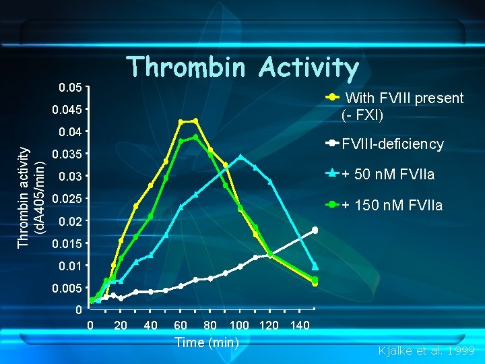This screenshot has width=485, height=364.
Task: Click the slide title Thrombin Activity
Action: [x=243, y=67]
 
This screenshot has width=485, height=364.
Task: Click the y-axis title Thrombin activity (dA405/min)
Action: [x=31, y=197]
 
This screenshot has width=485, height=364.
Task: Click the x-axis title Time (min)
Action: [x=207, y=342]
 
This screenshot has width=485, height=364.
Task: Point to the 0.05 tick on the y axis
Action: [x=70, y=88]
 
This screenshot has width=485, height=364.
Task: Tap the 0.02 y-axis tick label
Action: [x=70, y=221]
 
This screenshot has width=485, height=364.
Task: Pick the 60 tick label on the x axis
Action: [x=181, y=326]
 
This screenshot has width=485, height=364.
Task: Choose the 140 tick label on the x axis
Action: [x=299, y=326]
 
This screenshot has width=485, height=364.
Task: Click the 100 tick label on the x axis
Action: [x=239, y=326]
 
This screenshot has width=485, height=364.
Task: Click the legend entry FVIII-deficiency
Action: [x=393, y=144]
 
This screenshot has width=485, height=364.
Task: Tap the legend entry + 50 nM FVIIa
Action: [x=387, y=175]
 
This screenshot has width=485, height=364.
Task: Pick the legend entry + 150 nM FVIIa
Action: [x=391, y=206]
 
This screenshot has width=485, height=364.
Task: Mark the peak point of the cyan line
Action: [x=240, y=157]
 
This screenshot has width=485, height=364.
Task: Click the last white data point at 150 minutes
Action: [x=315, y=231]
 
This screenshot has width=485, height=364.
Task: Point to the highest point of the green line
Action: [x=195, y=138]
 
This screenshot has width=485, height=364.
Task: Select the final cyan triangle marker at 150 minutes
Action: [x=315, y=266]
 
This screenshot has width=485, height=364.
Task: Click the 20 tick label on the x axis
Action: [x=121, y=326]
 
